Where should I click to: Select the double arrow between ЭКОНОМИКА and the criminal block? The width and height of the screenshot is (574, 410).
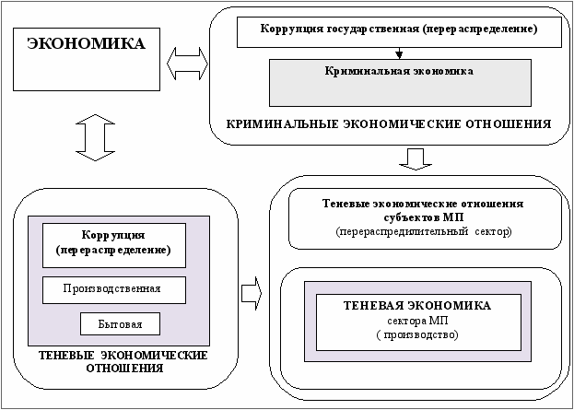[x=187, y=64]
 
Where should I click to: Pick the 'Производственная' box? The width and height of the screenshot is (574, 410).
[x=114, y=289]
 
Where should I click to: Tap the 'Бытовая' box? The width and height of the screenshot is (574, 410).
[x=121, y=324]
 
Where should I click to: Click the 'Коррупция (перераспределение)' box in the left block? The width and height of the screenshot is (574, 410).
[x=114, y=243]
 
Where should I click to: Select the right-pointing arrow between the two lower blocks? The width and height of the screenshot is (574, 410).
[x=251, y=294]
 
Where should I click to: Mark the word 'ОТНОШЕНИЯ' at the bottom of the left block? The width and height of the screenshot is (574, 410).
[x=123, y=369]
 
